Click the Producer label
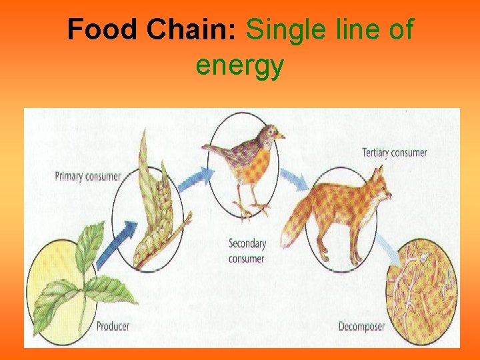(x=113, y=326)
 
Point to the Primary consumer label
(x=87, y=177)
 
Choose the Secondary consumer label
(x=247, y=251)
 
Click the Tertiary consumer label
(x=394, y=153)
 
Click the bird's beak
(x=280, y=136)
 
